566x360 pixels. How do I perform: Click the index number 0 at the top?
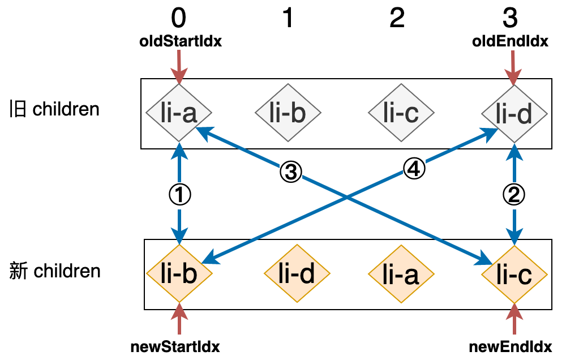[x=178, y=19]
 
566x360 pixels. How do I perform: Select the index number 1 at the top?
[x=288, y=19]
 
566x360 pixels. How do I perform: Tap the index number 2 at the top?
[x=397, y=19]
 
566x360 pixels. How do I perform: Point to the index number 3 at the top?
[x=510, y=19]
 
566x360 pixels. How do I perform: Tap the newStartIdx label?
[x=175, y=346]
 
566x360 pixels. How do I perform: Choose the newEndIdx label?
[x=511, y=346]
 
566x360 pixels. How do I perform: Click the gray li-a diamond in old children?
[x=179, y=113]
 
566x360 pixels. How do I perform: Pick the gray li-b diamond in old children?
[x=288, y=113]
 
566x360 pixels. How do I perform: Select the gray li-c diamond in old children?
[x=401, y=113]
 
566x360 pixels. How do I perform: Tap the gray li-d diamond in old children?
[x=514, y=113]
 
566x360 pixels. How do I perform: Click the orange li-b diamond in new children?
[x=179, y=274]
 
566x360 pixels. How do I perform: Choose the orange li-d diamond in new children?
[x=297, y=274]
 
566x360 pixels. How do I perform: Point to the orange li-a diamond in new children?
[x=401, y=274]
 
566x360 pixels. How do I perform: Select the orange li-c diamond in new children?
[x=514, y=274]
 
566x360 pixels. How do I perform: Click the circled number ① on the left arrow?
[x=180, y=195]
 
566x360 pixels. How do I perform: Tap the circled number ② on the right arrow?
[x=514, y=195]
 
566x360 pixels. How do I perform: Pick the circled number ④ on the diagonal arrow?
[x=414, y=168]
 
